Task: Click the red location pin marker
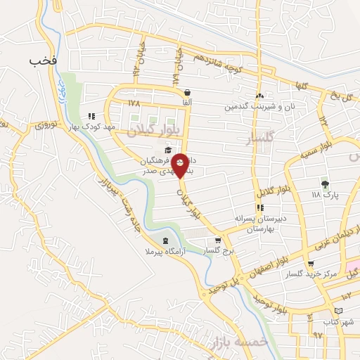coord(181,165)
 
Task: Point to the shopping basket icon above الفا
coord(187,92)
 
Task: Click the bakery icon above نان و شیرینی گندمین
coord(260,96)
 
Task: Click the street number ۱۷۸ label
coord(134,103)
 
